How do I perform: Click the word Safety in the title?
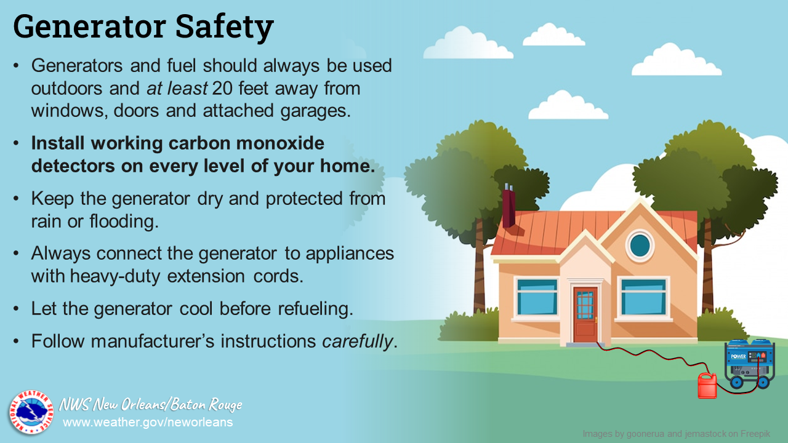pyautogui.click(x=225, y=28)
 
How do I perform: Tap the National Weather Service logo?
pyautogui.click(x=31, y=412)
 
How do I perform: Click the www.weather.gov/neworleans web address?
pyautogui.click(x=148, y=422)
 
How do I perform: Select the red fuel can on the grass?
pyautogui.click(x=707, y=385)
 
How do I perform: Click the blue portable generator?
pyautogui.click(x=749, y=363)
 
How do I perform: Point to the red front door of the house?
pyautogui.click(x=585, y=314)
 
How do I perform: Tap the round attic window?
pyautogui.click(x=640, y=245)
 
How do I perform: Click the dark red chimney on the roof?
pyautogui.click(x=509, y=206)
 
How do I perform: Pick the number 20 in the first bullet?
pyautogui.click(x=222, y=88)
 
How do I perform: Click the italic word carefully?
pyautogui.click(x=357, y=341)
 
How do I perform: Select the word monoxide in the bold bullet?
pyautogui.click(x=280, y=143)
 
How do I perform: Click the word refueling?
pyautogui.click(x=316, y=309)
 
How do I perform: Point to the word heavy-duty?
pyautogui.click(x=115, y=276)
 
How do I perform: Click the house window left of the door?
pyautogui.click(x=537, y=297)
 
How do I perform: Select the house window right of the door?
pyautogui.click(x=643, y=297)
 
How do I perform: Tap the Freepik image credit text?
pyautogui.click(x=677, y=434)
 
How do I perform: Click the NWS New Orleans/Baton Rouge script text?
pyautogui.click(x=151, y=404)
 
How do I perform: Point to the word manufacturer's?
pyautogui.click(x=152, y=341)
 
